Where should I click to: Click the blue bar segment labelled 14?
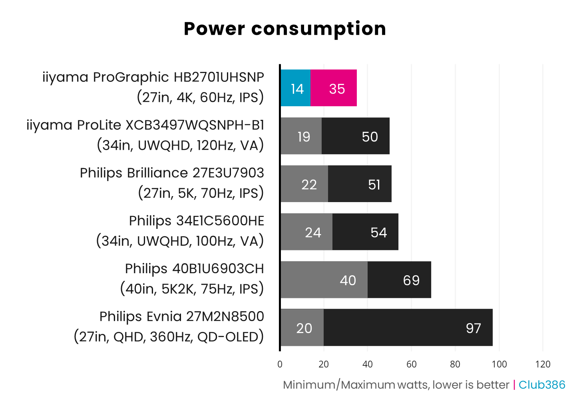[x=296, y=88]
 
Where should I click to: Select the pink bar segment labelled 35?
[x=334, y=88]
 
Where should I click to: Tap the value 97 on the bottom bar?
[x=474, y=328]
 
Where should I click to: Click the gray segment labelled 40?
[x=324, y=280]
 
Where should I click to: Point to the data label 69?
[x=411, y=280]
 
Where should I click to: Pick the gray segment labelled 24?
[x=306, y=232]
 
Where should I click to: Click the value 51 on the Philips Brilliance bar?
[x=374, y=185]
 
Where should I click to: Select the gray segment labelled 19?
[x=301, y=136]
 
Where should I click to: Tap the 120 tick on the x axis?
[x=543, y=364]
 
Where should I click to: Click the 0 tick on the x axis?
[x=280, y=364]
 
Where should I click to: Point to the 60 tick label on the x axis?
[x=411, y=364]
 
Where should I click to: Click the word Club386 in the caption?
[x=542, y=385]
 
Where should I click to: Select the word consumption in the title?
[x=318, y=29]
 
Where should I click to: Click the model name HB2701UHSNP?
[x=219, y=77]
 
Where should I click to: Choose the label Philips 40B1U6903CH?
[x=194, y=268]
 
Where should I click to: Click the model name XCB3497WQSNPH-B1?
[x=195, y=125]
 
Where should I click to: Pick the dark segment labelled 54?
[x=365, y=232]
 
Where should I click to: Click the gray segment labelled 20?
[x=302, y=328]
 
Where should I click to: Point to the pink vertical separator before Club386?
[x=514, y=385]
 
